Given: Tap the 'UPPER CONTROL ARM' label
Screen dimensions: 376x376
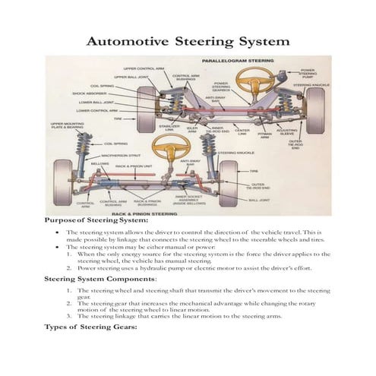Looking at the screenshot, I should (x=145, y=68).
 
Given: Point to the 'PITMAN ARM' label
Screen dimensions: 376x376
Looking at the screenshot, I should (x=264, y=136).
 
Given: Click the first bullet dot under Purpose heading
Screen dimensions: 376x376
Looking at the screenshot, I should (x=59, y=232).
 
